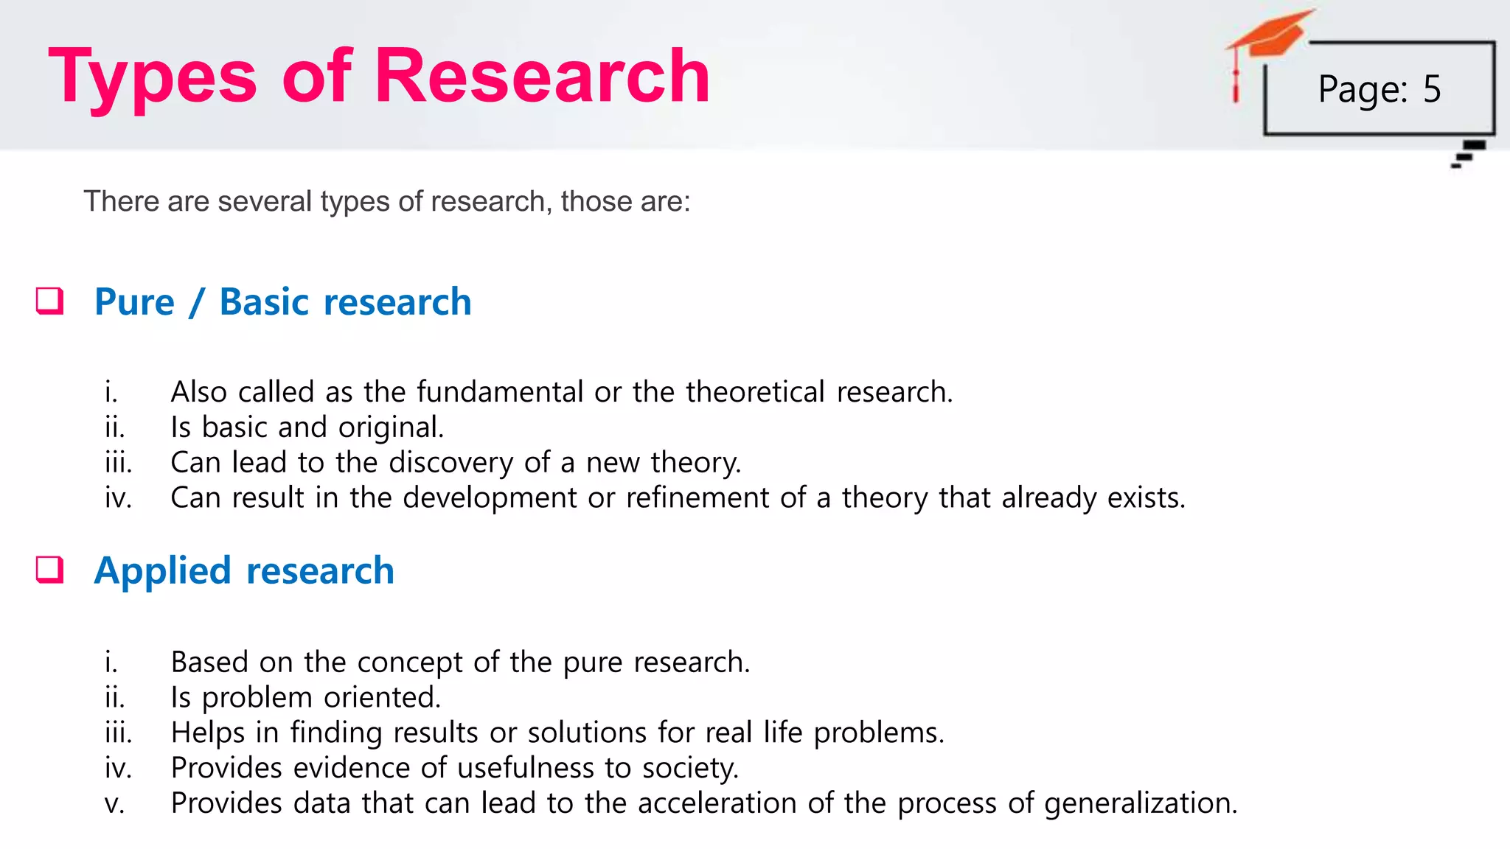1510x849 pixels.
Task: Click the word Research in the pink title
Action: point(542,76)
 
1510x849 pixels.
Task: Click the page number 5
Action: point(1432,89)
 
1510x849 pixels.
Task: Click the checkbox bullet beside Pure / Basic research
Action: point(50,301)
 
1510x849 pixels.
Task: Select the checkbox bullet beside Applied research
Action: point(50,570)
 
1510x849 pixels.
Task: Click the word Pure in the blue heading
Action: point(134,302)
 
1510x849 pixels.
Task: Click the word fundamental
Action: point(500,392)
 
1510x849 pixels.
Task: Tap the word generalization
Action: point(1141,804)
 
